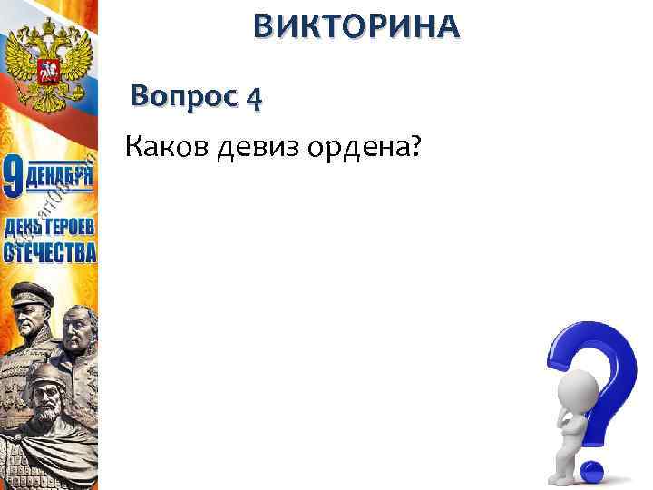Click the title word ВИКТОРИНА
[356, 27]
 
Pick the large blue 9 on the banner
[13, 178]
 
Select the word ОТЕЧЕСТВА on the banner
[49, 251]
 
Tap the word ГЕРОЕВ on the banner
[67, 226]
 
